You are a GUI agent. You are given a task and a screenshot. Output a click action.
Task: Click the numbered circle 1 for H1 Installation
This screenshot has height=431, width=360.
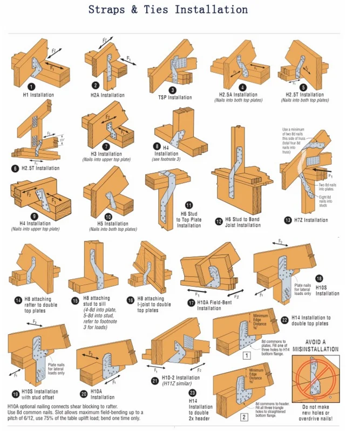coord(32,86)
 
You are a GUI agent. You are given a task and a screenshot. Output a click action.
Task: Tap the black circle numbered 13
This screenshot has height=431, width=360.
coord(288,220)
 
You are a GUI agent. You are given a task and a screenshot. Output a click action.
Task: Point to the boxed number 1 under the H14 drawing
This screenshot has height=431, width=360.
coord(246,355)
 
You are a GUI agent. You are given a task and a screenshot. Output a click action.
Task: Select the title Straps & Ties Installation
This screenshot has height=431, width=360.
coord(168,10)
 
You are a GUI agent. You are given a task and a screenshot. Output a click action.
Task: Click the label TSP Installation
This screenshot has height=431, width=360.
coord(175,98)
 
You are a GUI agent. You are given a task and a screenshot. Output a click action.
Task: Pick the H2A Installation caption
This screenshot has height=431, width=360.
coord(107,96)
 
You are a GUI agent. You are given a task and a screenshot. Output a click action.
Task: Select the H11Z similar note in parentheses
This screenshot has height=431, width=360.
coord(178,383)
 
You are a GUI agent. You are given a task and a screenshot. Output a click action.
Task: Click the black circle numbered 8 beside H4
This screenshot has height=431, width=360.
coord(157,146)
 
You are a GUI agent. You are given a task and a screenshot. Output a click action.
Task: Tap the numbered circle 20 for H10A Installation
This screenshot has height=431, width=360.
coord(83,394)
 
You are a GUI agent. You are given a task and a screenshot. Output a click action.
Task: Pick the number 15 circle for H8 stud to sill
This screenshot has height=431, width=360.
coord(75,301)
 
